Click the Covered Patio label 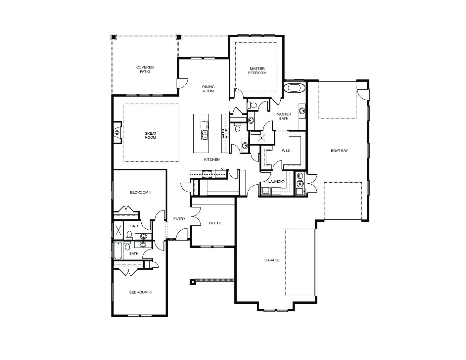145,69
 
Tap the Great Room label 150,135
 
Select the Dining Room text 208,89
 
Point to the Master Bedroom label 257,70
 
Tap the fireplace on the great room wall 117,132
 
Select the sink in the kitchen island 205,135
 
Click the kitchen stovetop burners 225,133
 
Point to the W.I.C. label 287,151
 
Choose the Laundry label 277,181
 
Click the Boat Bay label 339,151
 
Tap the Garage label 272,260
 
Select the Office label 215,223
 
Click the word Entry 179,219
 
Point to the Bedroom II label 140,192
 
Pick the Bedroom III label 140,292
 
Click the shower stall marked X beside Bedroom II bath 118,230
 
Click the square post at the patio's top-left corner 114,37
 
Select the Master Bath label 284,116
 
